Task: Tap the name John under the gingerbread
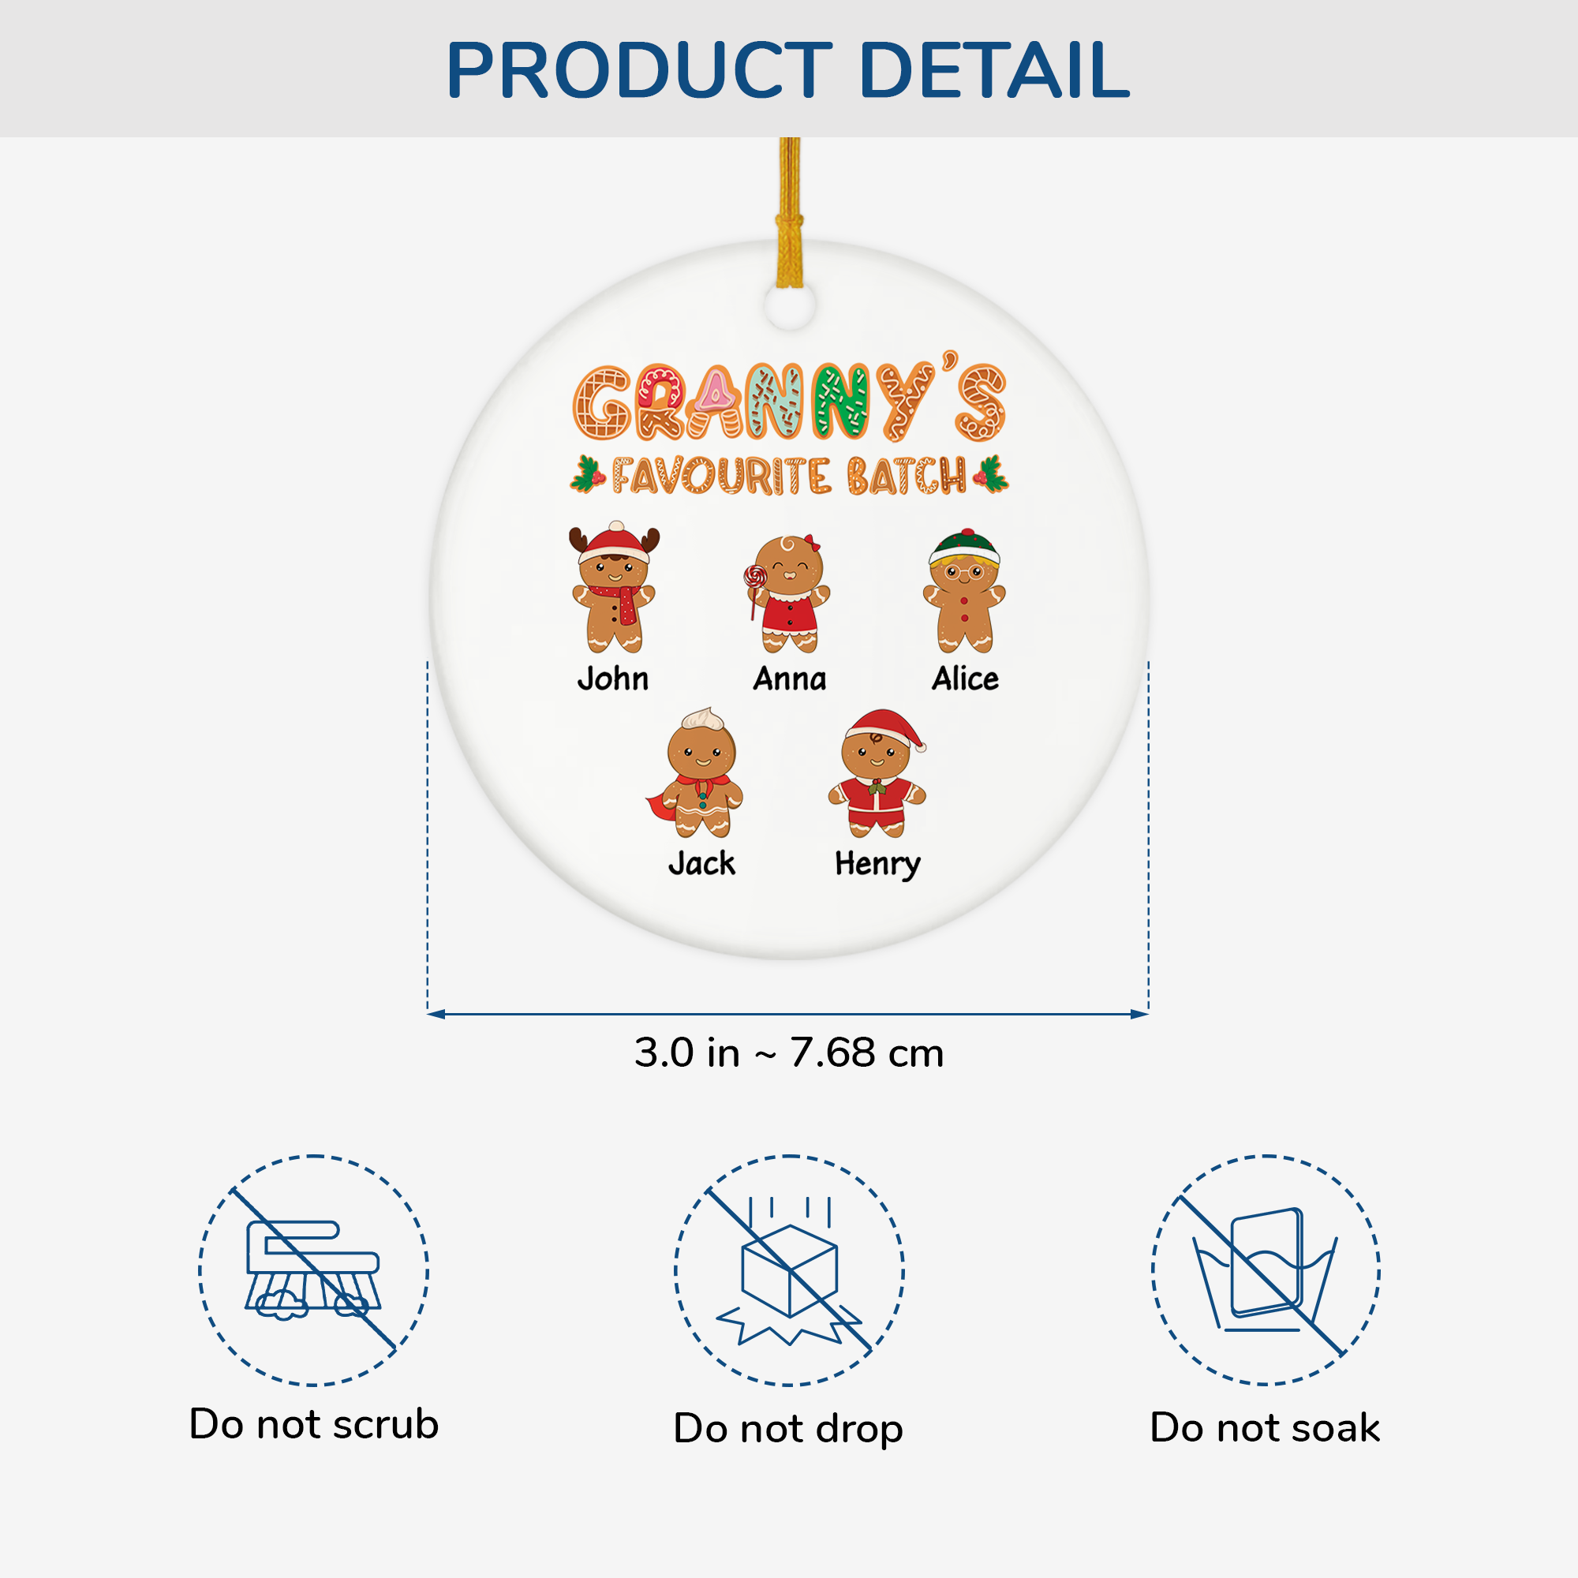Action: tap(612, 679)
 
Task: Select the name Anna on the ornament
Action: tap(789, 679)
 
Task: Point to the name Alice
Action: tap(965, 679)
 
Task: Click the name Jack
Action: tap(701, 864)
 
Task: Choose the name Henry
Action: tap(877, 864)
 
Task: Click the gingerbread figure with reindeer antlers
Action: tap(614, 588)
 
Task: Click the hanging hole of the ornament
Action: tap(790, 307)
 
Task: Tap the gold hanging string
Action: tap(790, 212)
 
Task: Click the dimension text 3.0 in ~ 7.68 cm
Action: tap(789, 1053)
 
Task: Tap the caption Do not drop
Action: tap(788, 1429)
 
